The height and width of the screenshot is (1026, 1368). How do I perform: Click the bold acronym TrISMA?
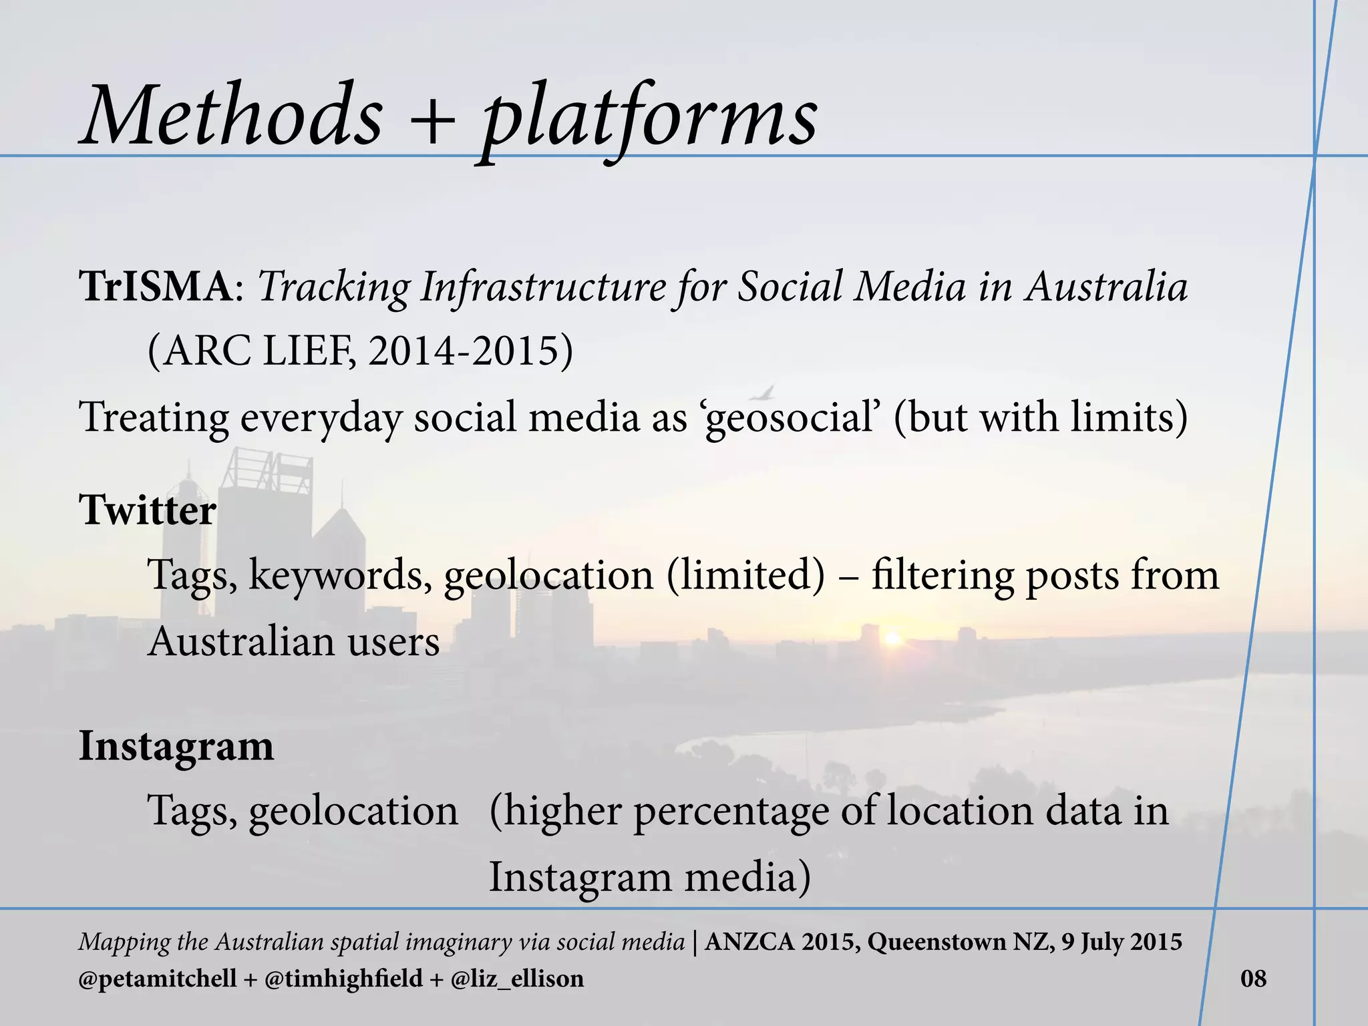tap(156, 287)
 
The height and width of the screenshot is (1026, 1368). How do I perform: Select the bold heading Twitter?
tap(148, 510)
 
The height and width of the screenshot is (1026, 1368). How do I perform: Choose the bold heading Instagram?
tap(176, 746)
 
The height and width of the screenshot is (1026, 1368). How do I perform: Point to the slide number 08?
tap(1253, 979)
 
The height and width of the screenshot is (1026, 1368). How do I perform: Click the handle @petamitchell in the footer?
tap(158, 979)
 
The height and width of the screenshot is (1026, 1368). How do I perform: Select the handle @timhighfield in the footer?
tap(344, 979)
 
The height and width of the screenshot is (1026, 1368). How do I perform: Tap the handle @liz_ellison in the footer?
tap(517, 979)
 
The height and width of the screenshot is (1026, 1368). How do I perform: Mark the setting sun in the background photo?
tap(892, 639)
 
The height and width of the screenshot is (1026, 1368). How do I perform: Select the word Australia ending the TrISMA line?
tap(1107, 287)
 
